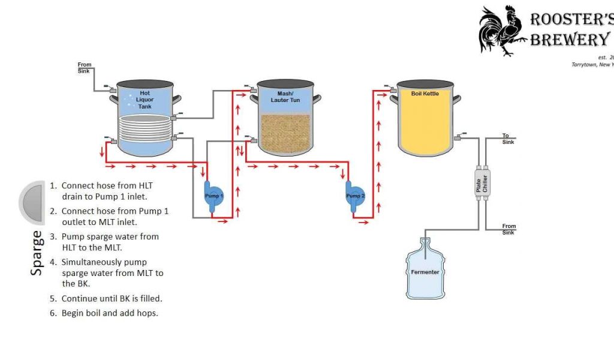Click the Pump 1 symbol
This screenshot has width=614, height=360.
pyautogui.click(x=213, y=196)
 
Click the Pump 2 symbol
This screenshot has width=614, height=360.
pyautogui.click(x=354, y=196)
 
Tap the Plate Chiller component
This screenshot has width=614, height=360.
pyautogui.click(x=481, y=183)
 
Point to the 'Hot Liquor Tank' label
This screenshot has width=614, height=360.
pyautogui.click(x=145, y=100)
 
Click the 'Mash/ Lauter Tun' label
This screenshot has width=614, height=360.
pyautogui.click(x=284, y=97)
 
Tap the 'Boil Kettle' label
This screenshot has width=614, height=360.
pyautogui.click(x=425, y=94)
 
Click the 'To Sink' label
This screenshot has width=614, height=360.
pyautogui.click(x=508, y=139)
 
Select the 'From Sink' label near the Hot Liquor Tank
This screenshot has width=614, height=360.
pyautogui.click(x=85, y=67)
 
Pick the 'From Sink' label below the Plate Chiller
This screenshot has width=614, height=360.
pyautogui.click(x=508, y=229)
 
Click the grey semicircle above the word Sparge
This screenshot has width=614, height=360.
pyautogui.click(x=32, y=202)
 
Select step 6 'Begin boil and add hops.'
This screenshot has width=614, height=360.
pyautogui.click(x=109, y=313)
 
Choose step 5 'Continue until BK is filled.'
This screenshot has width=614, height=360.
pyautogui.click(x=112, y=298)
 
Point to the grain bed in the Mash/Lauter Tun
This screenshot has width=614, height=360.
pyautogui.click(x=285, y=133)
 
